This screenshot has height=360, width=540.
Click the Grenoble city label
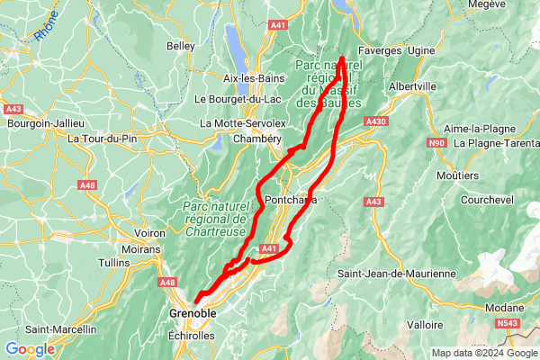(x=193, y=313)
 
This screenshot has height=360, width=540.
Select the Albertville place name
(x=412, y=86)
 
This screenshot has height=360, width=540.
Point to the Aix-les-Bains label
(x=254, y=78)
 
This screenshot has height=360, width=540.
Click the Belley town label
(x=180, y=46)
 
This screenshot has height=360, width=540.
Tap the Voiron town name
(x=149, y=233)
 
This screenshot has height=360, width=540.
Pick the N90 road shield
(x=437, y=143)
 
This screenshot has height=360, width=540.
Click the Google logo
(x=30, y=349)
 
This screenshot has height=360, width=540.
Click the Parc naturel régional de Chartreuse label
(x=214, y=218)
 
